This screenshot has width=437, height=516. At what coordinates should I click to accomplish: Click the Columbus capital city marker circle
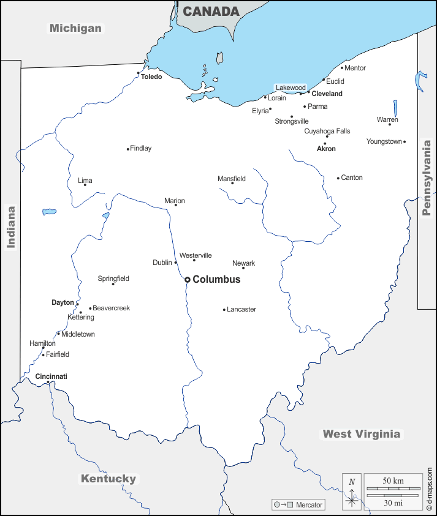pyautogui.click(x=188, y=280)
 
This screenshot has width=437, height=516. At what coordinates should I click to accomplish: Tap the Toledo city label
pyautogui.click(x=151, y=77)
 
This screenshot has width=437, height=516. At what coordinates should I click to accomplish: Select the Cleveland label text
pyautogui.click(x=327, y=94)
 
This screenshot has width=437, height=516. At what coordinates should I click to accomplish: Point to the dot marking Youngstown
pyautogui.click(x=405, y=142)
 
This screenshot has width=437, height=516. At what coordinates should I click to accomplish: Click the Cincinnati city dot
pyautogui.click(x=48, y=383)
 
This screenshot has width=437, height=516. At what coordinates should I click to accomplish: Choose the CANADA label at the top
pyautogui.click(x=211, y=12)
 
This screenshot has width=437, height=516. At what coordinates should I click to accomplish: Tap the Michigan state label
pyautogui.click(x=75, y=28)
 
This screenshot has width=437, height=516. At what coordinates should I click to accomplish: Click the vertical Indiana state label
pyautogui.click(x=11, y=226)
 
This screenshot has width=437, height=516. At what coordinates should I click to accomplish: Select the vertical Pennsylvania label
pyautogui.click(x=427, y=178)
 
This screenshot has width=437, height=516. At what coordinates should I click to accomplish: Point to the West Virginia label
pyautogui.click(x=362, y=434)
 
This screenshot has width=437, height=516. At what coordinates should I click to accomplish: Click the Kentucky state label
pyautogui.click(x=108, y=479)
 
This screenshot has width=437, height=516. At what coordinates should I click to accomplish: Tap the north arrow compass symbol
pyautogui.click(x=352, y=492)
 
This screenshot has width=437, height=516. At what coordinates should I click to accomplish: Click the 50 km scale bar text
pyautogui.click(x=393, y=480)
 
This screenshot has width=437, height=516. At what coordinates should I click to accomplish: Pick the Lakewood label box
pyautogui.click(x=290, y=88)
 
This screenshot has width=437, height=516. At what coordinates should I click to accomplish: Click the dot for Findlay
pyautogui.click(x=128, y=149)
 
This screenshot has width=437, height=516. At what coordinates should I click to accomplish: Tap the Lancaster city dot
pyautogui.click(x=224, y=310)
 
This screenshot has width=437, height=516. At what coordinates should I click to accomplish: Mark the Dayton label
pyautogui.click(x=63, y=302)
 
